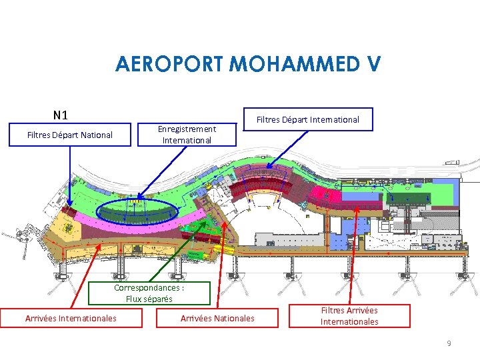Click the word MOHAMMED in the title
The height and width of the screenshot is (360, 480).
296,64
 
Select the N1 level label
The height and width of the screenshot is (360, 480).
61,115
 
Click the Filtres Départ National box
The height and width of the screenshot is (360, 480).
70,135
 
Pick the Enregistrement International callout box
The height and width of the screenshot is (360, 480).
187,134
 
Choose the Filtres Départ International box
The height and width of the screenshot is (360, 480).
308,119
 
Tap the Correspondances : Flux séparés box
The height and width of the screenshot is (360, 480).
149,293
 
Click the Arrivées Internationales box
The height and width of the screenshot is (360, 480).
71,318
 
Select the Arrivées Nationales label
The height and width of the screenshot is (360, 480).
217,318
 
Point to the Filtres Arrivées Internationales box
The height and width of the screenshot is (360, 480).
349,316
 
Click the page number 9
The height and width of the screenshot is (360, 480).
449,343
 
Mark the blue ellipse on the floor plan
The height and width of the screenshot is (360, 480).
137,213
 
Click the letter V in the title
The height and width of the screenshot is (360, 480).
373,64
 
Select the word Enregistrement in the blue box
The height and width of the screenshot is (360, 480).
187,129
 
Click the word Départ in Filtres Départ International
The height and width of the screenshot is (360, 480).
299,119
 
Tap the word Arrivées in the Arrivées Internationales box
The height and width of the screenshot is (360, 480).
41,318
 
